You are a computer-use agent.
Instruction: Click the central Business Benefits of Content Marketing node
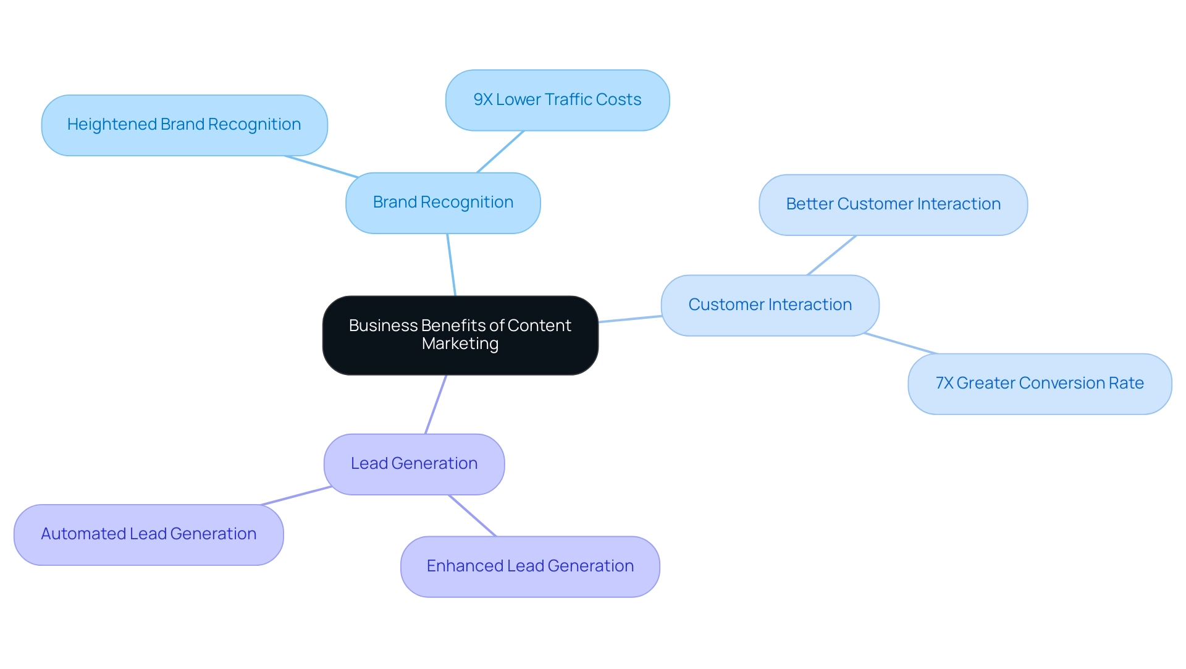460,335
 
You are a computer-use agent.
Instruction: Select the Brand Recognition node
443,203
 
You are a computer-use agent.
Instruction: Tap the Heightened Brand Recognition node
184,125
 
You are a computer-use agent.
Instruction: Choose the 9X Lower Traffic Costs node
557,100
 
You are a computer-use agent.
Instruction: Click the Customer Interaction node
770,305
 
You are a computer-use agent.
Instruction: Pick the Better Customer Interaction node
893,204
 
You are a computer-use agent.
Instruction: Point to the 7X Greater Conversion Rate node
1039,384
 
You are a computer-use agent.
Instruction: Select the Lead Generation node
414,464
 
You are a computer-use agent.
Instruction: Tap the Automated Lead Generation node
148,534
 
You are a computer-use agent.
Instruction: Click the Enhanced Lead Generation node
530,566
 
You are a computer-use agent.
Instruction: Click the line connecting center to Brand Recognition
452,265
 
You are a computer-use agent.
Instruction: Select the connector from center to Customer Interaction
630,319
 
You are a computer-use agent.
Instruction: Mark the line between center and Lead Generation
435,404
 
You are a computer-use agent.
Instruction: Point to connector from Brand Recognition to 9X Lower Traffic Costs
500,151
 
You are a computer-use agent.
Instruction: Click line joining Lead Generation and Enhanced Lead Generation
473,515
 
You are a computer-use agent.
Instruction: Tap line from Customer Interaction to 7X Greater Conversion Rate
901,343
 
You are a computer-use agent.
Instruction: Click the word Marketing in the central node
460,344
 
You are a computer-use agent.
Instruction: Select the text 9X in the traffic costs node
482,100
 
